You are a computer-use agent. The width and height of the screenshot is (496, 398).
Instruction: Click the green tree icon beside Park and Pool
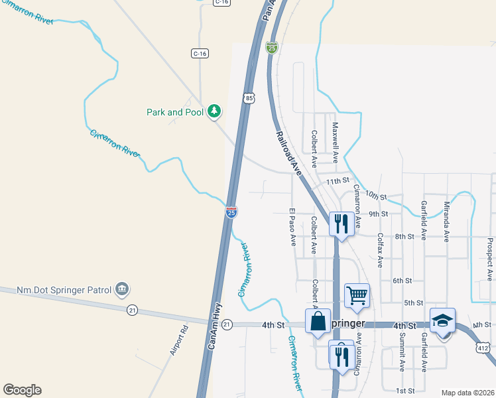click(214, 111)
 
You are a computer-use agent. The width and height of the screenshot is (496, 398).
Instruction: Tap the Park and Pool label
click(175, 112)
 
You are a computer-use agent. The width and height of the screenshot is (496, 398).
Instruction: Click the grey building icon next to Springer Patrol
click(121, 289)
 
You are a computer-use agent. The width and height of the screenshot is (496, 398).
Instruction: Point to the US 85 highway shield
click(248, 98)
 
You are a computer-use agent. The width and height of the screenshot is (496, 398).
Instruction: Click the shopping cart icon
click(357, 296)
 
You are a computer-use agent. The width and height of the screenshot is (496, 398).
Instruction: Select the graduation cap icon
click(442, 320)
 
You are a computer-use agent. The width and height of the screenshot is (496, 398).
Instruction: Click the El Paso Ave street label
click(292, 228)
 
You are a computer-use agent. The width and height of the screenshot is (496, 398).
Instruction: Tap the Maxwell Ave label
click(336, 142)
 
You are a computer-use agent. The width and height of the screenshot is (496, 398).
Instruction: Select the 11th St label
click(337, 180)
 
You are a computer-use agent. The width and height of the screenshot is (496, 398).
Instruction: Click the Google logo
click(22, 390)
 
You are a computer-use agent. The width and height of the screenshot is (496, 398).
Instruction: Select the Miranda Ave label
click(446, 220)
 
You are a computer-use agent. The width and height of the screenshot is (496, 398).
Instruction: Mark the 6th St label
click(403, 281)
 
